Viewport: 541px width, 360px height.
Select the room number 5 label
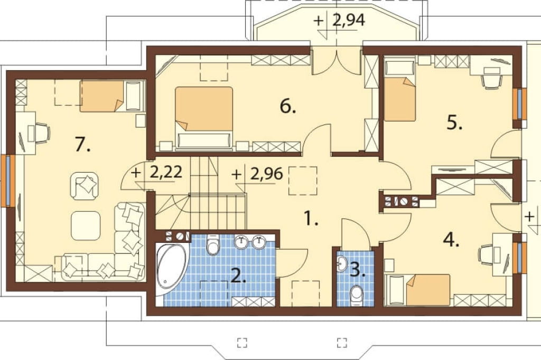(x=454, y=122)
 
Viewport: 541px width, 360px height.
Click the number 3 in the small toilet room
(x=358, y=270)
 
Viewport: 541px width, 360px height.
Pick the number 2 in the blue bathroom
(x=238, y=275)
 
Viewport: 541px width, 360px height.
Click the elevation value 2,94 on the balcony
(x=349, y=21)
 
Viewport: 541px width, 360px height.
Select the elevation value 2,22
(x=166, y=172)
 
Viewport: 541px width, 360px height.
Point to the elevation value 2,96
(x=267, y=174)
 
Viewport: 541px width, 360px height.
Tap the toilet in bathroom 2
(x=212, y=245)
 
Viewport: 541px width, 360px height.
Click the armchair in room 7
(x=85, y=186)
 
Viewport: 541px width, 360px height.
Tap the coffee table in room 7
(x=86, y=226)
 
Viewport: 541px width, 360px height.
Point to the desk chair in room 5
(x=491, y=79)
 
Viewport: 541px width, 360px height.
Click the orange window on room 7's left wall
(x=8, y=181)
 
